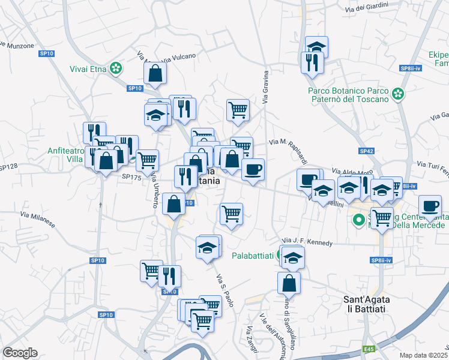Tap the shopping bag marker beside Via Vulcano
click(x=155, y=74)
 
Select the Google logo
click(x=20, y=353)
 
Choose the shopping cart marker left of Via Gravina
click(x=238, y=110)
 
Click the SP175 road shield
click(x=131, y=177)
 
